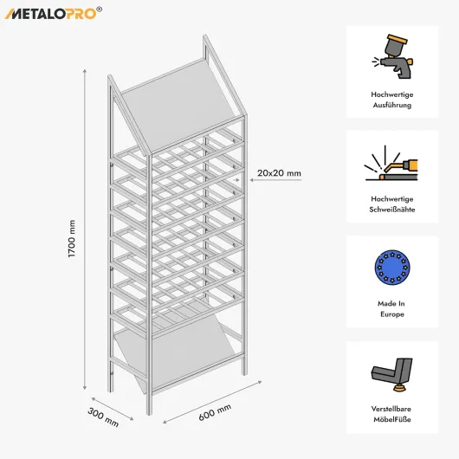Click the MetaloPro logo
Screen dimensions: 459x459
(x=54, y=14)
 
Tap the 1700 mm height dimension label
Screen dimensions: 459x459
(x=72, y=238)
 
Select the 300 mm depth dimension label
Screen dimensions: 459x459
(x=103, y=417)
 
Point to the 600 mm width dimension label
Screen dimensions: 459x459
(x=215, y=412)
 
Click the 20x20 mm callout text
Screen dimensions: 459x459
(x=279, y=173)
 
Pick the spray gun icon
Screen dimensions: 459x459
(x=392, y=56)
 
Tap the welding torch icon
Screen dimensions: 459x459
(x=391, y=163)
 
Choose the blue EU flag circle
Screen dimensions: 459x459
(x=392, y=268)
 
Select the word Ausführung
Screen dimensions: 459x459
(x=392, y=105)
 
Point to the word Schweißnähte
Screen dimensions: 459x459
(x=392, y=210)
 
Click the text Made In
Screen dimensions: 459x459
(x=391, y=304)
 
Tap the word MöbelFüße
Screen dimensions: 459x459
(x=392, y=419)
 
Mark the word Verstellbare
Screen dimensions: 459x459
(x=391, y=409)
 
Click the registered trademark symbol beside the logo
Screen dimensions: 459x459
(x=100, y=10)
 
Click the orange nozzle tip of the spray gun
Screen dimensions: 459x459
(x=411, y=61)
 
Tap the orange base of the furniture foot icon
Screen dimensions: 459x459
(x=398, y=389)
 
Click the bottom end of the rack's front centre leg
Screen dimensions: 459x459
(x=149, y=413)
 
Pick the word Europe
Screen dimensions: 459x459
(x=392, y=314)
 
